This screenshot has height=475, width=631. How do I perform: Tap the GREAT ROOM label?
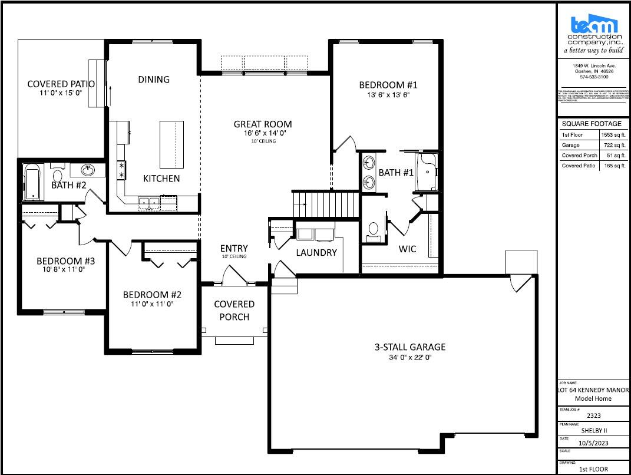263,124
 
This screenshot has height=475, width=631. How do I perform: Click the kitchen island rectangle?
169,144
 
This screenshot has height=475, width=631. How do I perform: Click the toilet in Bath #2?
58,175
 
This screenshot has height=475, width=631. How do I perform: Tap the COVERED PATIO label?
61,84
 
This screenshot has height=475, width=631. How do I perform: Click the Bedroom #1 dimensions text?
388,94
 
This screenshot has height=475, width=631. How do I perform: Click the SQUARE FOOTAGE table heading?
592,124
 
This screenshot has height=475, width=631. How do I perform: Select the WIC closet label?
407,249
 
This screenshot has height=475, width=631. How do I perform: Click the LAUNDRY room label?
316,252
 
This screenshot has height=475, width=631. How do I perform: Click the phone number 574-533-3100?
593,77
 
